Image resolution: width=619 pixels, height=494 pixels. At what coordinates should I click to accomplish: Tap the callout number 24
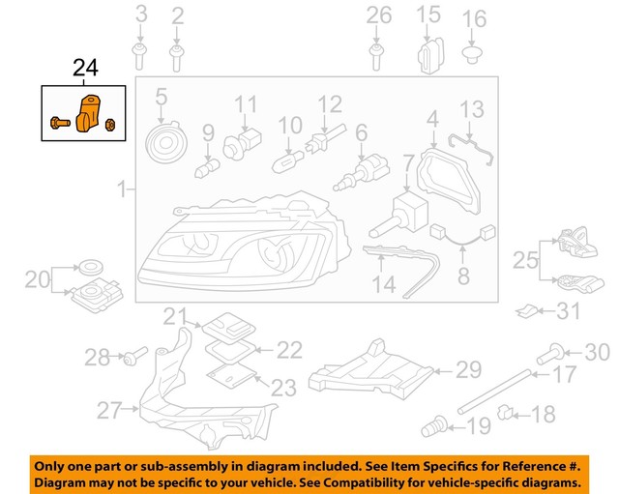tap(84, 69)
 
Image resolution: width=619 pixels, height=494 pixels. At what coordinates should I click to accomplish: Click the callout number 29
tap(468, 369)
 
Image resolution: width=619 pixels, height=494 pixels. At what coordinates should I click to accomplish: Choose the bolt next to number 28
tap(133, 359)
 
